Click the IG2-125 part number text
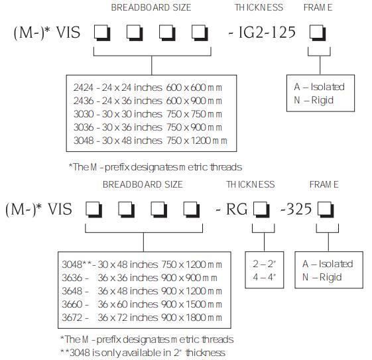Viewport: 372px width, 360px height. point(267,32)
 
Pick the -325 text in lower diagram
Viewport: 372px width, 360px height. point(296,209)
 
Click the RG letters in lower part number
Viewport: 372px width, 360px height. point(236,210)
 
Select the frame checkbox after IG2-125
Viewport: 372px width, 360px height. point(318,32)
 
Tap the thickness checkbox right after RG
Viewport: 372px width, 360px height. point(261,210)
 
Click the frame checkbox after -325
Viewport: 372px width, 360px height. point(326,210)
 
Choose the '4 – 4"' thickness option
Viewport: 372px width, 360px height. point(265,277)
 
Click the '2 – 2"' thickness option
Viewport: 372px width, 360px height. point(265,264)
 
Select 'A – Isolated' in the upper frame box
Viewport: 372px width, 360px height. point(319,87)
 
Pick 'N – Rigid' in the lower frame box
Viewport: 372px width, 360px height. point(322,277)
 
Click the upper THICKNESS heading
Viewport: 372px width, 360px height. point(259,7)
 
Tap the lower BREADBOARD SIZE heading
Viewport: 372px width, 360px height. point(143,184)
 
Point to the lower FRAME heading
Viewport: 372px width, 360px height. point(324,184)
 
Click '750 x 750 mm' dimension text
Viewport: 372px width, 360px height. point(194,114)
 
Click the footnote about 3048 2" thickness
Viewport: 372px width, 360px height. point(143,353)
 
